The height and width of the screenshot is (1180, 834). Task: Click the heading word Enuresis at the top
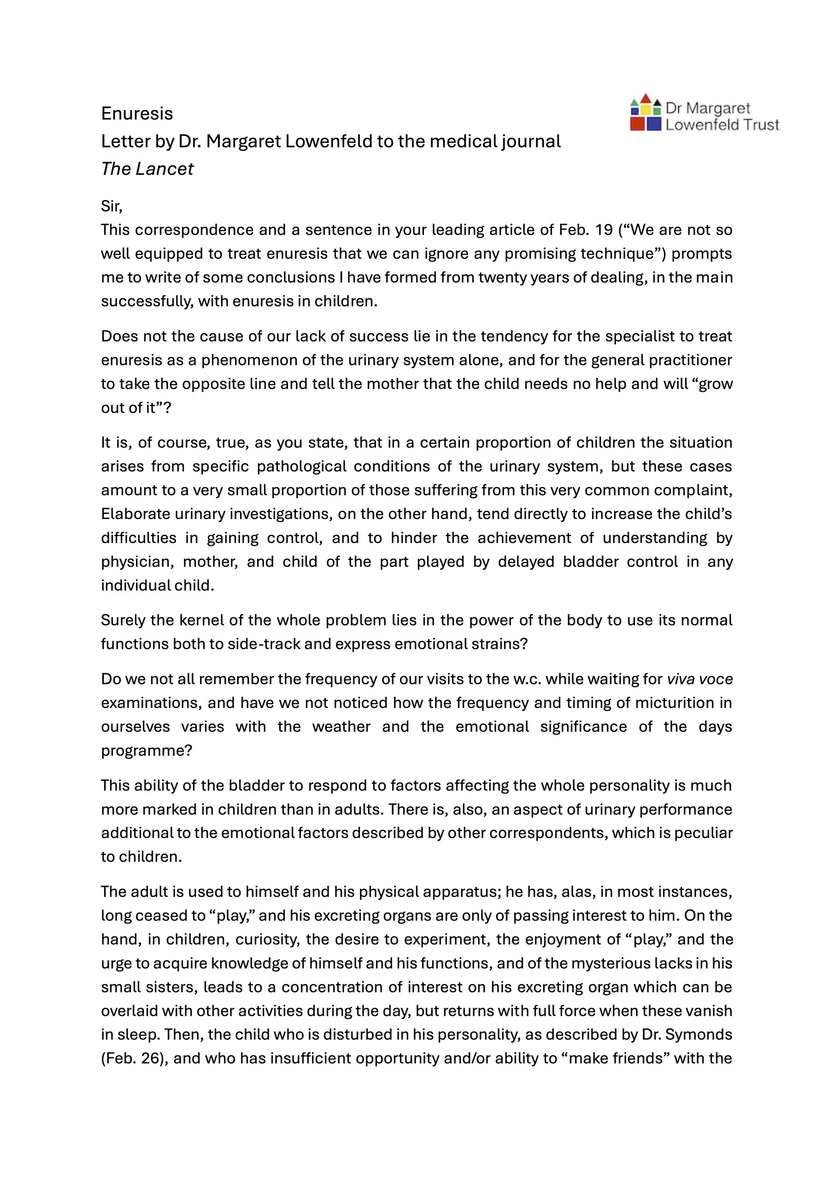pyautogui.click(x=137, y=113)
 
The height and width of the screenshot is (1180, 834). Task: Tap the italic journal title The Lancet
pyautogui.click(x=147, y=169)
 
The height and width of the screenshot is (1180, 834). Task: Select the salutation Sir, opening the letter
pyautogui.click(x=112, y=206)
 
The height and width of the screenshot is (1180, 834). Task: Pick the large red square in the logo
pyautogui.click(x=637, y=124)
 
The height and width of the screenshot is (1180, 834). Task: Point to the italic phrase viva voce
pyautogui.click(x=699, y=679)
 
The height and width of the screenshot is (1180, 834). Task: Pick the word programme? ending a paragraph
pyautogui.click(x=147, y=750)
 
